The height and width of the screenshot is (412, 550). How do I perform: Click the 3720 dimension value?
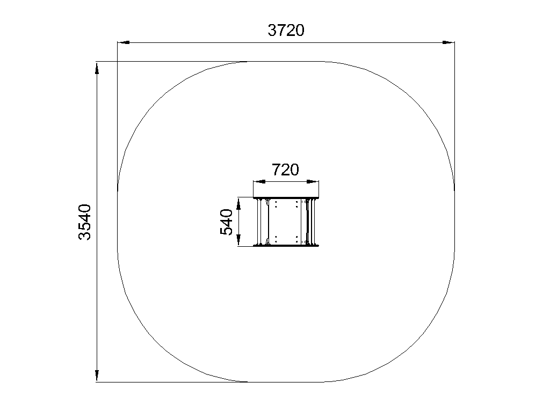click(x=286, y=31)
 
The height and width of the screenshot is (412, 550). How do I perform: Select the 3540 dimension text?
click(x=84, y=222)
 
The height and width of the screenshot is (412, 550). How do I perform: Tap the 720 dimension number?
click(x=286, y=170)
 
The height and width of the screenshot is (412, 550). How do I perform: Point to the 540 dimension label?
click(x=226, y=222)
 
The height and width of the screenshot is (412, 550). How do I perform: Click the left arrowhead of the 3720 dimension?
click(x=124, y=42)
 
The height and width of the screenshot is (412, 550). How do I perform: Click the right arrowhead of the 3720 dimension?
click(x=448, y=42)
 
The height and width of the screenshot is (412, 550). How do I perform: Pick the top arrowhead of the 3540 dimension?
click(x=97, y=68)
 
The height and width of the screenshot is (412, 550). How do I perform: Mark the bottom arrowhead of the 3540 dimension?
click(x=97, y=376)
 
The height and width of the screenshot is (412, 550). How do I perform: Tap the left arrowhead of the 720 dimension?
click(x=259, y=181)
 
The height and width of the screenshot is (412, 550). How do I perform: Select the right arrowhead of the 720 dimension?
click(x=313, y=181)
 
